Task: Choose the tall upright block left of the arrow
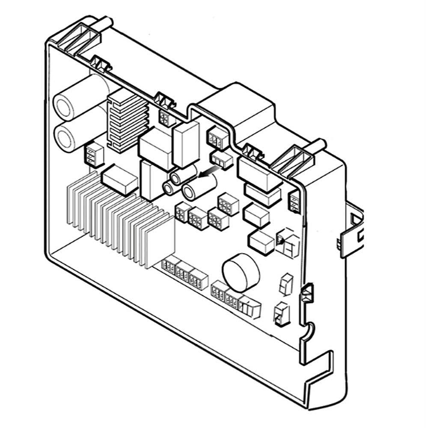(x=185, y=144)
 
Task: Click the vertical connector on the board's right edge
(x=294, y=202)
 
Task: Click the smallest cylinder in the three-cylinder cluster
(x=168, y=188)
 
